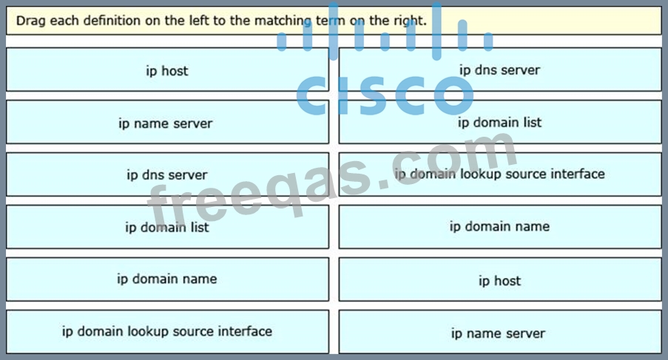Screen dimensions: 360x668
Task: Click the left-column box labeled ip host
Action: (x=167, y=70)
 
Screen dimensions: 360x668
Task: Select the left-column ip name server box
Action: (x=167, y=123)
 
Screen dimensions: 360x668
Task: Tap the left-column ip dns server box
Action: (x=167, y=175)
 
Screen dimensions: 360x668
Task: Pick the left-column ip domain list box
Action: (x=167, y=227)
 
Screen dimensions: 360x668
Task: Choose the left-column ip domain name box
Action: (x=167, y=279)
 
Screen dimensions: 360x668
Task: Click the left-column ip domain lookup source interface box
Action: (x=167, y=331)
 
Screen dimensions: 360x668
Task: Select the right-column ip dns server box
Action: (x=500, y=69)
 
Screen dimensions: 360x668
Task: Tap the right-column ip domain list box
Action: (x=500, y=122)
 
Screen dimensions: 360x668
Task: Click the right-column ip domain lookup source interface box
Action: (x=500, y=174)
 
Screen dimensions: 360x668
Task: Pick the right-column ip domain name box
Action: (x=500, y=226)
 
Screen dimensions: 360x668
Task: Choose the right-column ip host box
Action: (x=500, y=281)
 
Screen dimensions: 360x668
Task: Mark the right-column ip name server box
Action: (x=500, y=333)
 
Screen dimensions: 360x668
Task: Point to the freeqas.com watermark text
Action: (x=333, y=181)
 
